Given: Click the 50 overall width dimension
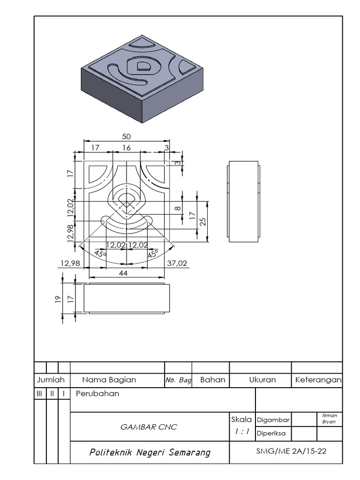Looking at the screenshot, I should click(126, 136).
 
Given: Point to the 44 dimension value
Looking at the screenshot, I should click(124, 272).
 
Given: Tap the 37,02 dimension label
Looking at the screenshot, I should click(177, 263).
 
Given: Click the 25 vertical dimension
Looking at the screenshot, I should click(203, 221).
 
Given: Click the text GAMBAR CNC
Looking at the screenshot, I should click(148, 427).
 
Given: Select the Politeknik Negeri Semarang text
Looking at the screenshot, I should click(150, 452).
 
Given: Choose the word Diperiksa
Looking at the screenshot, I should click(273, 434).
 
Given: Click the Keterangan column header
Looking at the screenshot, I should click(318, 380).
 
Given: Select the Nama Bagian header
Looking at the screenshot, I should click(109, 380).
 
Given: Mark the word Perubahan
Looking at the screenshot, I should click(97, 394).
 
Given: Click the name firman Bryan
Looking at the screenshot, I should click(330, 419).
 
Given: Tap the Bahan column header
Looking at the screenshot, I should click(212, 380).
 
